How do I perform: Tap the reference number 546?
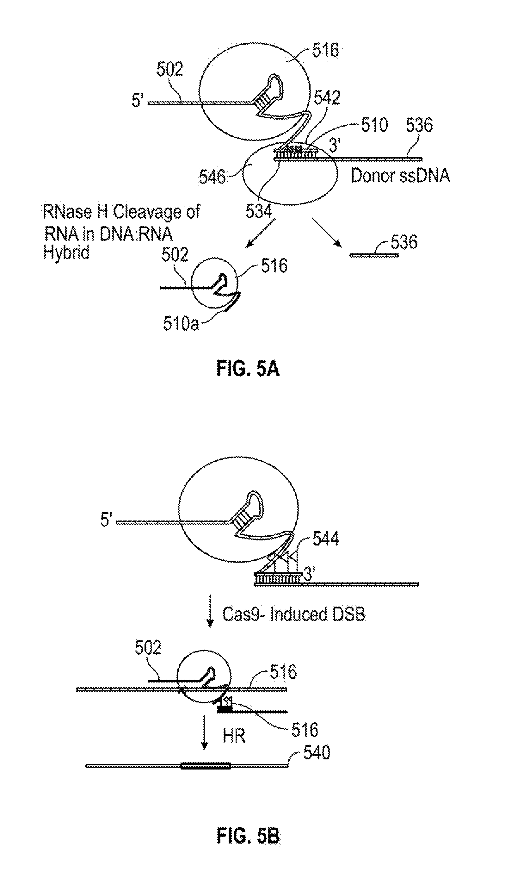click(x=212, y=177)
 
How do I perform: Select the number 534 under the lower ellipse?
click(x=259, y=211)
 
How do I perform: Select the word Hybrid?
click(x=66, y=252)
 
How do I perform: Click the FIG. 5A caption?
click(x=248, y=369)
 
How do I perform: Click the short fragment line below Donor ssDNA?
click(x=373, y=255)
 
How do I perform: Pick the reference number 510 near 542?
click(x=374, y=125)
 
